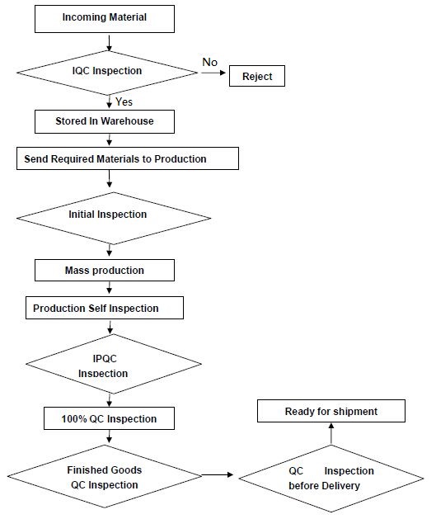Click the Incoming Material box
(105, 19)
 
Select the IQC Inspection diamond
(107, 73)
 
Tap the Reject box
(257, 76)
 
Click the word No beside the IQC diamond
(209, 62)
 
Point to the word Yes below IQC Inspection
(124, 101)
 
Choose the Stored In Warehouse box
(105, 121)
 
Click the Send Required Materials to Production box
(128, 158)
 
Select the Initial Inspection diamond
(114, 218)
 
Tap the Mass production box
(105, 270)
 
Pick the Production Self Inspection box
(105, 308)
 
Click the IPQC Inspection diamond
(114, 364)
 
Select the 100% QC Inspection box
(109, 418)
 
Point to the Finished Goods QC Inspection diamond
(105, 476)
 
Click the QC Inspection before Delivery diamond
(331, 479)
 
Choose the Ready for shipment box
(331, 411)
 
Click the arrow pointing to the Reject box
(213, 73)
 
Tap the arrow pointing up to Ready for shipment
(331, 433)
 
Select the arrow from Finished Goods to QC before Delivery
(218, 474)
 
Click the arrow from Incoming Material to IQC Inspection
(109, 42)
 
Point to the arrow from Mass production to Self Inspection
(109, 288)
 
